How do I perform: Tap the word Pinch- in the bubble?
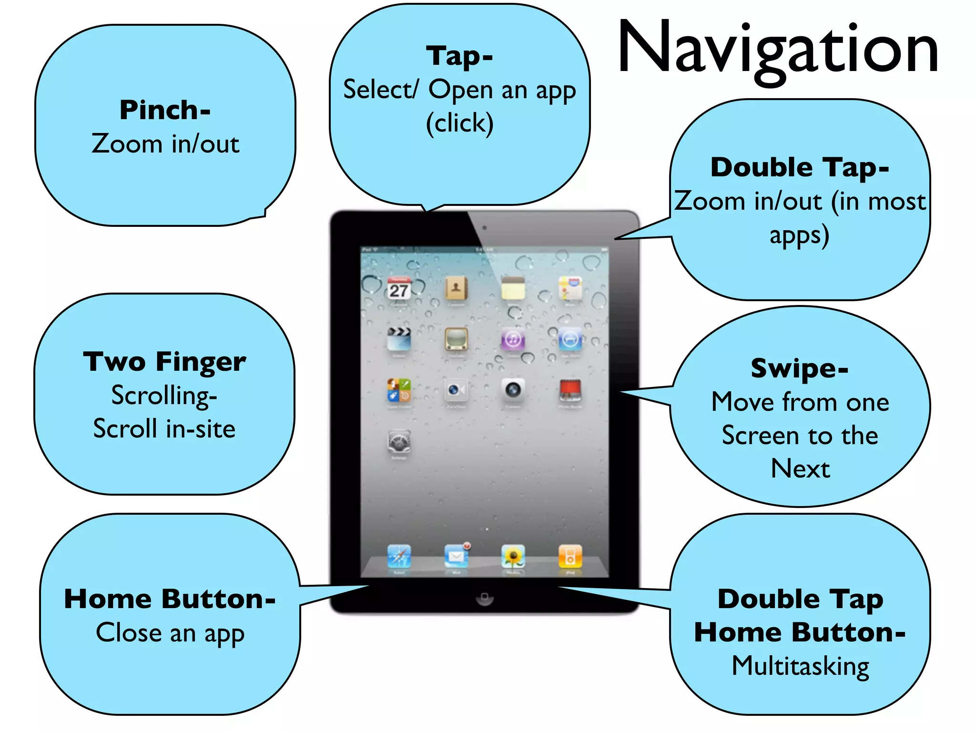pyautogui.click(x=165, y=110)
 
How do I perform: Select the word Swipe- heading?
pyautogui.click(x=800, y=368)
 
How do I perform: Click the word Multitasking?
pyautogui.click(x=801, y=666)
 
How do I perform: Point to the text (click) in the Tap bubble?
pyautogui.click(x=459, y=123)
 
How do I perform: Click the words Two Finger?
pyautogui.click(x=164, y=362)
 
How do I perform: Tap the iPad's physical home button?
pyautogui.click(x=484, y=598)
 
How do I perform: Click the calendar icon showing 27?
pyautogui.click(x=399, y=288)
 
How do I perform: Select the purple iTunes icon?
pyautogui.click(x=513, y=339)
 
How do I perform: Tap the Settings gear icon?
pyautogui.click(x=399, y=443)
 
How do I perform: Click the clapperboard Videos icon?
pyautogui.click(x=399, y=339)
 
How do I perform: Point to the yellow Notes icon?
pyautogui.click(x=513, y=288)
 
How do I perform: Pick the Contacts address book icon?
pyautogui.click(x=456, y=288)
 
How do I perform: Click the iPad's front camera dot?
pyautogui.click(x=484, y=228)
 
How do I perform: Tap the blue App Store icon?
pyautogui.click(x=570, y=339)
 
